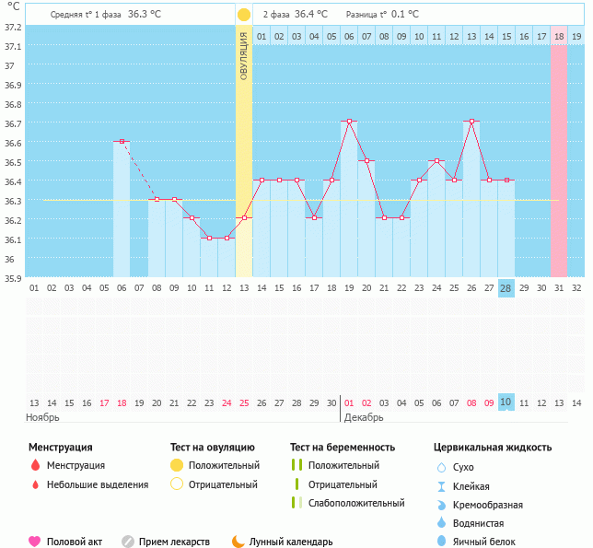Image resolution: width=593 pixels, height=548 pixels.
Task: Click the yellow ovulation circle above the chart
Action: click(244, 15)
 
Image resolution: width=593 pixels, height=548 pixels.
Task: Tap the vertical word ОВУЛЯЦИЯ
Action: click(244, 55)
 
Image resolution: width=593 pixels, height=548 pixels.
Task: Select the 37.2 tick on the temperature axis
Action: click(13, 27)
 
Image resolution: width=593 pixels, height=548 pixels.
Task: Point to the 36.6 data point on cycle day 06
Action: click(122, 142)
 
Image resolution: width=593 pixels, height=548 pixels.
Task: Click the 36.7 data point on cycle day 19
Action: click(349, 122)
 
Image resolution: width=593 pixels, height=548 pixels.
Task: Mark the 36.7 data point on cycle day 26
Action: click(471, 122)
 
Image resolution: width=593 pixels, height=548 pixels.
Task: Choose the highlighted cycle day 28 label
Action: click(506, 287)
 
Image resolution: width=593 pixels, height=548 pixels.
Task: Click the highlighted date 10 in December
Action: click(506, 402)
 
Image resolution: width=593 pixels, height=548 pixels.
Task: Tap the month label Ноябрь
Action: click(42, 417)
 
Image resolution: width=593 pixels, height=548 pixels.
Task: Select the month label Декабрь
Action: click(364, 417)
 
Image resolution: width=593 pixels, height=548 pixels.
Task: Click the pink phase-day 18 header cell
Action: click(559, 36)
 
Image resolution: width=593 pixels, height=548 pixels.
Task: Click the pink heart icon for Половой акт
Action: click(35, 542)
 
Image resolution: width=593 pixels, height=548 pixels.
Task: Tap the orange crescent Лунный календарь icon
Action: click(238, 542)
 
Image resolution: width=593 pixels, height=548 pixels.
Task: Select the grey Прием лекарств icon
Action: click(128, 542)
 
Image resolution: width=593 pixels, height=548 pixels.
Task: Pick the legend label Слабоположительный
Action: click(356, 503)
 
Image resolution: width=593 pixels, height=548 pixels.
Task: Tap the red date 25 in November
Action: click(244, 402)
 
